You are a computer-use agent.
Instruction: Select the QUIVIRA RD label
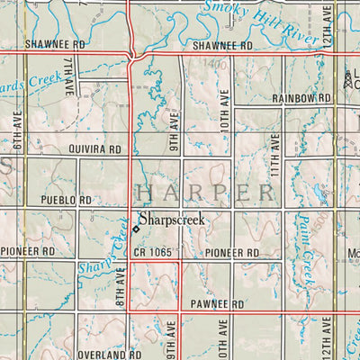point(94,152)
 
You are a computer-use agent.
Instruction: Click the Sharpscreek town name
point(172,219)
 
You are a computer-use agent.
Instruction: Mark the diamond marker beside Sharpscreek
point(136,229)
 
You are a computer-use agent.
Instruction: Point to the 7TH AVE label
point(67,78)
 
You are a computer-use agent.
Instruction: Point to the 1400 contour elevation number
point(214,66)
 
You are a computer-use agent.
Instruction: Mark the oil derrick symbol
point(347,79)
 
